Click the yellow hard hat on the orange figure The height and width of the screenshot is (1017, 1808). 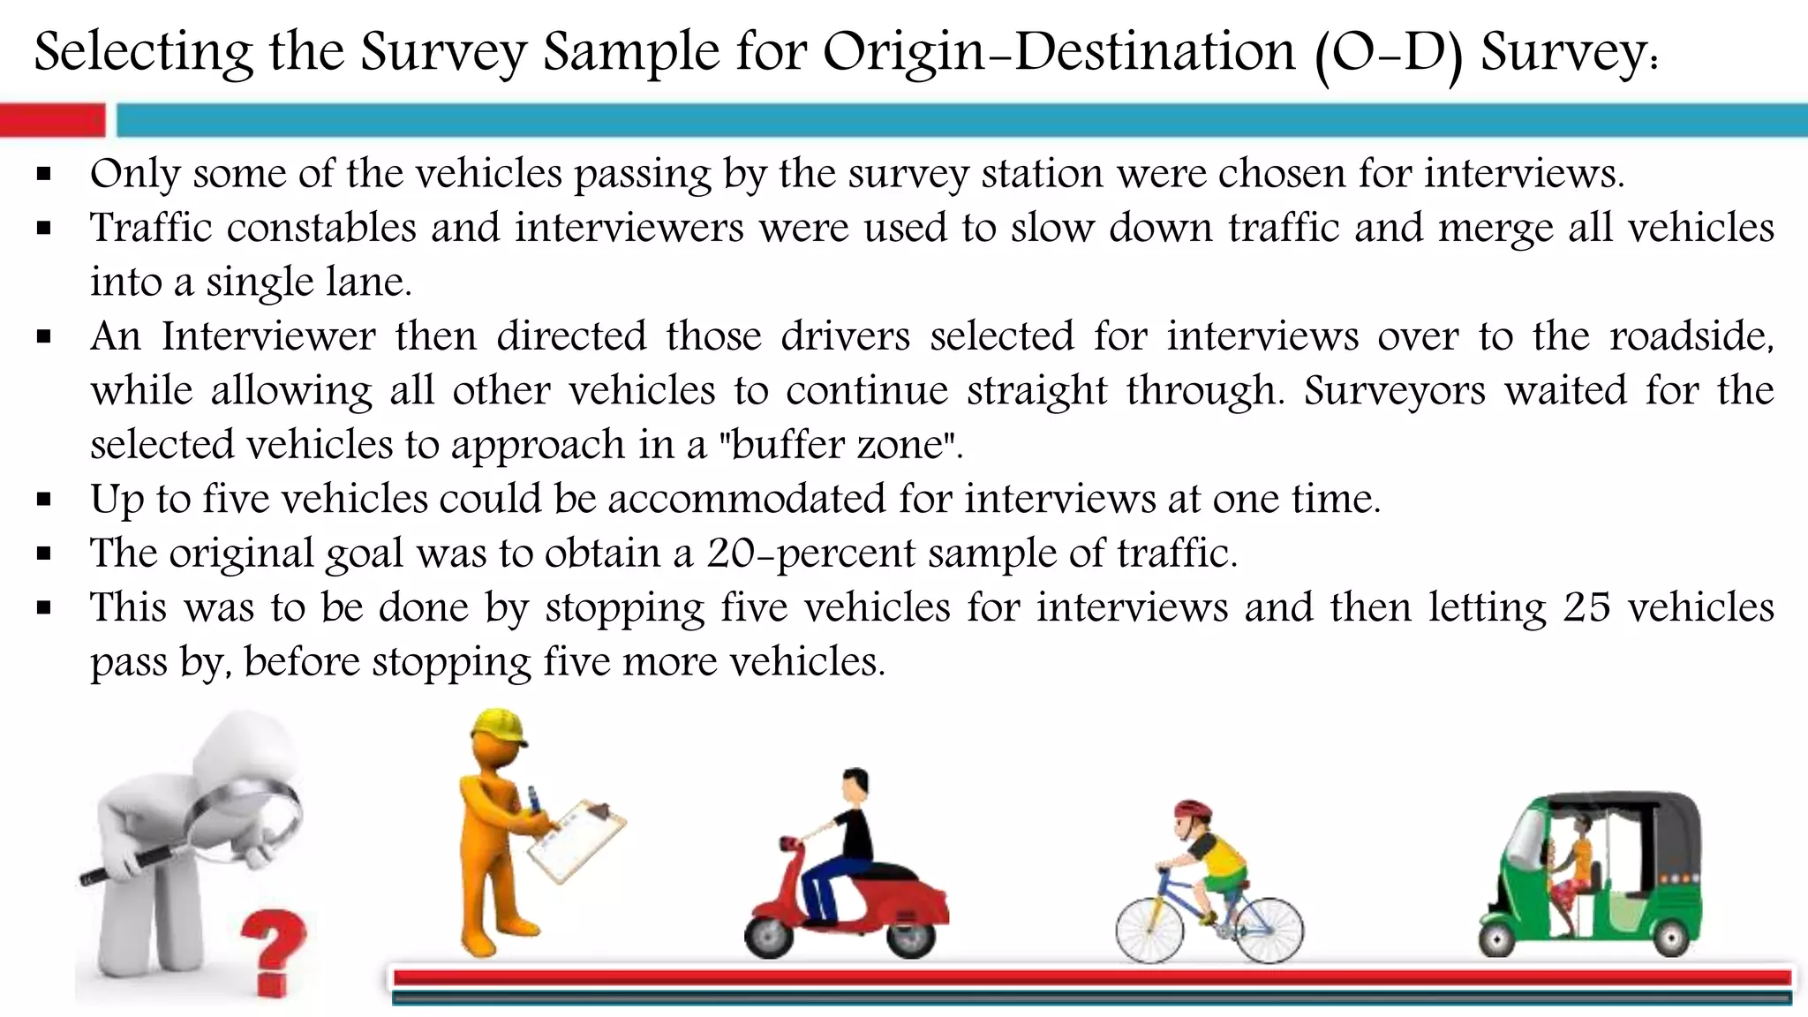497,729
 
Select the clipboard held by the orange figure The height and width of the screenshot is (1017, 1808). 576,840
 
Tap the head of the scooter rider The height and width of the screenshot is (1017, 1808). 855,785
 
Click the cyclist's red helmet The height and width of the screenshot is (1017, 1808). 1192,810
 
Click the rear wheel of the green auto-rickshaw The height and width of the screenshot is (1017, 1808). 1668,937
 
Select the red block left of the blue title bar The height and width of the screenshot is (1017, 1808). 52,120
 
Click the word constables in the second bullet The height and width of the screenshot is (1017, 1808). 321,228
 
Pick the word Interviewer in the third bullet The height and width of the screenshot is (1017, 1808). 268,336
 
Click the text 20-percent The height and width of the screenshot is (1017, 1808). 810,554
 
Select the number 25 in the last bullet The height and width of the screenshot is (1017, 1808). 1586,607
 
